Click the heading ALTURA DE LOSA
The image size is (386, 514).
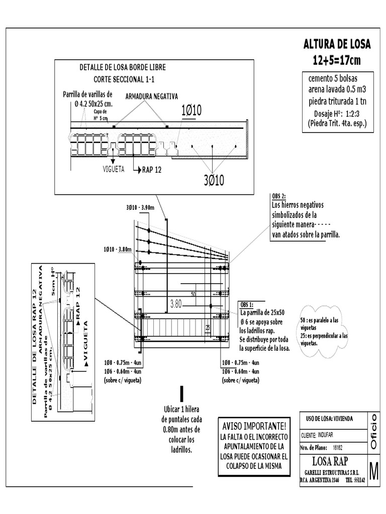click(x=337, y=44)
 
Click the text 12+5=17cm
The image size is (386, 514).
click(x=337, y=60)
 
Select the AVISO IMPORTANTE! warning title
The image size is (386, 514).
click(x=254, y=426)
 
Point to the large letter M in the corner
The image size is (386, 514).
click(x=374, y=471)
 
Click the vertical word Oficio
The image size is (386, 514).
click(x=373, y=431)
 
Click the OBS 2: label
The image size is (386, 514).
click(x=278, y=196)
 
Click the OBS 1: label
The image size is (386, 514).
click(x=247, y=305)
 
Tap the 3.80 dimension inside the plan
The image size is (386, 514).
click(x=176, y=303)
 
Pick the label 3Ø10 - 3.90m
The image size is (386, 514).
click(x=141, y=207)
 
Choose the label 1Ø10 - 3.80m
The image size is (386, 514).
click(x=117, y=249)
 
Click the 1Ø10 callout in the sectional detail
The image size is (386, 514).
click(x=191, y=110)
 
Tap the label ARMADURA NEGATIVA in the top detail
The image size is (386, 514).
click(x=151, y=96)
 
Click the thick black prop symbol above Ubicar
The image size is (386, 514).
click(x=182, y=394)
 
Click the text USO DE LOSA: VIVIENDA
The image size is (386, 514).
click(x=329, y=418)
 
